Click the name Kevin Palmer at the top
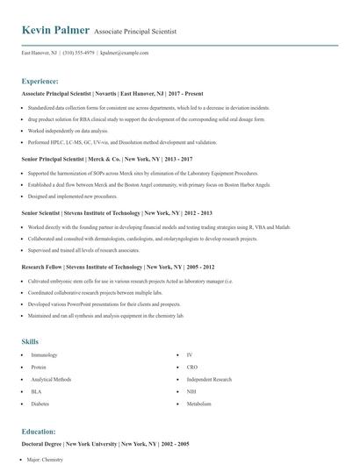click(54, 31)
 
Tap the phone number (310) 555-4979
click(76, 53)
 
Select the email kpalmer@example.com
click(125, 53)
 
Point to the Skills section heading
click(31, 340)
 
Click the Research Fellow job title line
click(105, 267)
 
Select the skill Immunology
click(44, 355)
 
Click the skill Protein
click(39, 368)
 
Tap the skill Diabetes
click(40, 404)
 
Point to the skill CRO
click(192, 368)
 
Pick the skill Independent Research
click(209, 380)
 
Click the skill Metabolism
click(199, 404)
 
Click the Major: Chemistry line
click(48, 459)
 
